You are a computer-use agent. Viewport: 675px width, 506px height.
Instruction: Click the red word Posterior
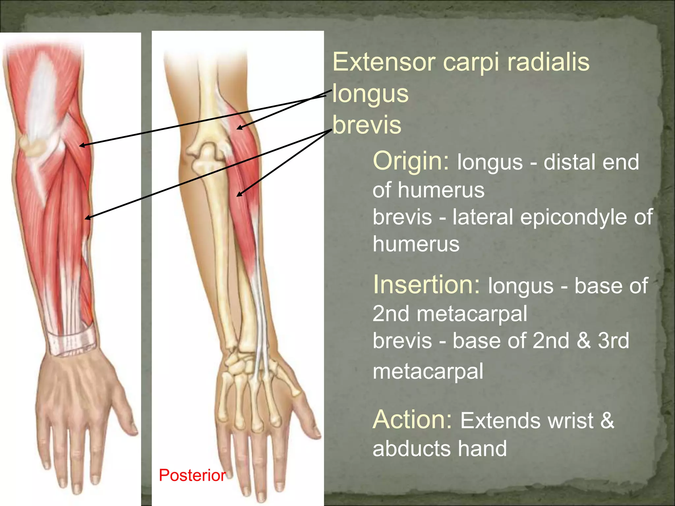[x=192, y=475]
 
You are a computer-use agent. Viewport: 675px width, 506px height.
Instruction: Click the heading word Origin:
[x=411, y=161]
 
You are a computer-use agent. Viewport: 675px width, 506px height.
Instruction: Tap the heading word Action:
[x=412, y=420]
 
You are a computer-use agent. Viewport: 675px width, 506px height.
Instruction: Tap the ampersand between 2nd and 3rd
[x=583, y=341]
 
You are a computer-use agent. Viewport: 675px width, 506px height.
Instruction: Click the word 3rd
[x=613, y=341]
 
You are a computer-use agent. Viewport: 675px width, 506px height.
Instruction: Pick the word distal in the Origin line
[x=564, y=162]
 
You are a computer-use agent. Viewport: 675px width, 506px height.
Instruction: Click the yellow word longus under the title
[x=370, y=94]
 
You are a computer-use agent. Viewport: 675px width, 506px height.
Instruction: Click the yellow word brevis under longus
[x=367, y=125]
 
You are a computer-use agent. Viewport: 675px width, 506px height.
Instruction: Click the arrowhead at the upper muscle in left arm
[x=81, y=145]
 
